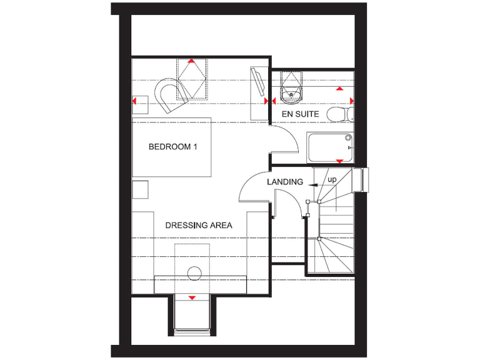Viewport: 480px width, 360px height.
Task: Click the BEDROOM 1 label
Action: [172, 147]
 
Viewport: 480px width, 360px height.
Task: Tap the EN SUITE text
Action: [300, 114]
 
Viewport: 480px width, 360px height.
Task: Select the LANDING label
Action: [284, 182]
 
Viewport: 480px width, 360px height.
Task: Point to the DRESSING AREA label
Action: [199, 225]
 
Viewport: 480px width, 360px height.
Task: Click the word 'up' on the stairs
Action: [332, 180]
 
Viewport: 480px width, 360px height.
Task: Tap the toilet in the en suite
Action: [339, 114]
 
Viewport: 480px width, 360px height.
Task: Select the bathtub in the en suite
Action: [330, 147]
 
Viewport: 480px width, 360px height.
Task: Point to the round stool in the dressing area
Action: [194, 272]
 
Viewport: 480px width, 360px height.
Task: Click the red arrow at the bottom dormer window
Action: [192, 297]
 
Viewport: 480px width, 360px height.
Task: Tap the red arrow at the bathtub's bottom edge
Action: [339, 162]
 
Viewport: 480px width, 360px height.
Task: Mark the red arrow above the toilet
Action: [339, 89]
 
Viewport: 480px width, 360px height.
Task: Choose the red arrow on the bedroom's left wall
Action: [134, 100]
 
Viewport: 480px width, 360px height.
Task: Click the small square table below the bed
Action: [140, 189]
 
